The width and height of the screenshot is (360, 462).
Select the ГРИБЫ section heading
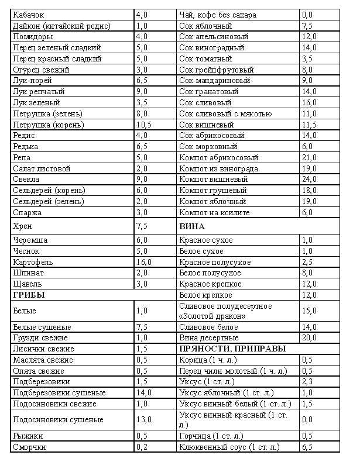29,295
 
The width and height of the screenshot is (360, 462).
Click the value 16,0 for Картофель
143,262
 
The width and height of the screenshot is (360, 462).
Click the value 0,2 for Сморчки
142,447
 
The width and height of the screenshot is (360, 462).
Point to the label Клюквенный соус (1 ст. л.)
229,447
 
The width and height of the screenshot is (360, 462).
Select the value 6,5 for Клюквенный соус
307,447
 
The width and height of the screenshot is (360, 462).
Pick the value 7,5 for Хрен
142,226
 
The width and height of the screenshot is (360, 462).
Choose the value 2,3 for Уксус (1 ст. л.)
307,381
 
